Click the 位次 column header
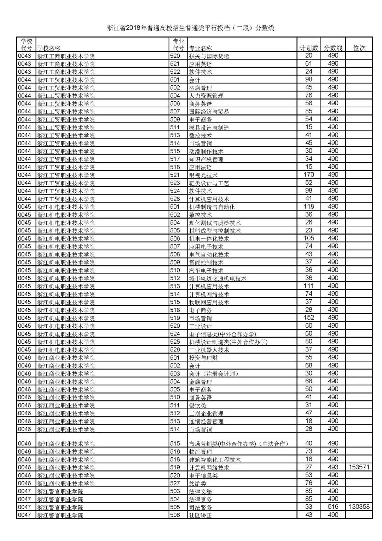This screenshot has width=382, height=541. click(359, 48)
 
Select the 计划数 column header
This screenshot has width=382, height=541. click(308, 48)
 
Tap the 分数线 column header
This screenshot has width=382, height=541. click(333, 48)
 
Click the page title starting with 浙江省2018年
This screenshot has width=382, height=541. click(191, 28)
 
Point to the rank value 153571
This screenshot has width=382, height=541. click(359, 467)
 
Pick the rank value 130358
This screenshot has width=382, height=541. click(359, 507)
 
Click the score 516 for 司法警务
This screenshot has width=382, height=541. click(333, 507)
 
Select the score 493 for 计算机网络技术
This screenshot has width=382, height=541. click(333, 467)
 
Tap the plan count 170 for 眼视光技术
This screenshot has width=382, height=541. click(308, 175)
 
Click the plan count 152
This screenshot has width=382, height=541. click(308, 318)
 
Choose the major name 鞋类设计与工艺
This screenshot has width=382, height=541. click(209, 183)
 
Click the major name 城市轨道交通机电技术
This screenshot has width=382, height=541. click(218, 278)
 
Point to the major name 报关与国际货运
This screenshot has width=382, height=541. click(209, 56)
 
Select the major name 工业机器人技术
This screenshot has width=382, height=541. click(209, 350)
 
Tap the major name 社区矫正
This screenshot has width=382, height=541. click(200, 515)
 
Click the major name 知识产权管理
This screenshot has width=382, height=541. click(206, 159)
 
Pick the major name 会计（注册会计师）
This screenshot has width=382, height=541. click(214, 374)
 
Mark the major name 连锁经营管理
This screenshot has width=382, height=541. click(206, 421)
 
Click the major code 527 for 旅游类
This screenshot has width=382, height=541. click(175, 483)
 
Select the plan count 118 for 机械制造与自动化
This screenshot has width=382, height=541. click(308, 207)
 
